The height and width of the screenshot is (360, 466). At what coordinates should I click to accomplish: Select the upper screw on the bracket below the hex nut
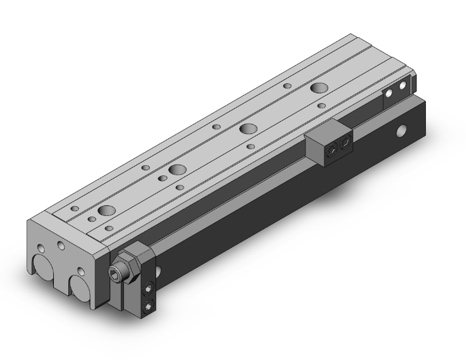(148, 288)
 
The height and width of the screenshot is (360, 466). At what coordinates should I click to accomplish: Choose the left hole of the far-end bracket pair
(389, 93)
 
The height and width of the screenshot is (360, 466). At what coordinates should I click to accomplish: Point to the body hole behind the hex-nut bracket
(157, 270)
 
